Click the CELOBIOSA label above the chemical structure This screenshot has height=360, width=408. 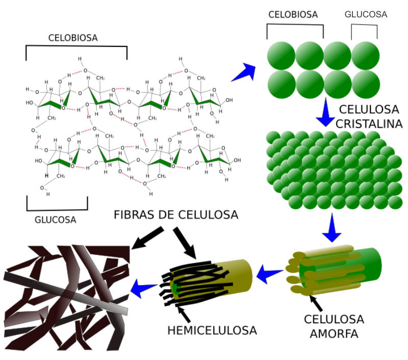(x=73, y=38)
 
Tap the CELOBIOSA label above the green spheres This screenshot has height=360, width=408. (x=293, y=15)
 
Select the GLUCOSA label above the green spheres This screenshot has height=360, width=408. (x=366, y=14)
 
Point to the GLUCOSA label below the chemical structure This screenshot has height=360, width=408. (x=56, y=220)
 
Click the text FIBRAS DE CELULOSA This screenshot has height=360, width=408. (x=176, y=215)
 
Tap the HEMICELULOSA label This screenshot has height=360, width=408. (x=212, y=330)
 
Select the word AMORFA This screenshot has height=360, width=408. (x=334, y=333)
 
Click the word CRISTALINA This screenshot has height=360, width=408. (x=369, y=124)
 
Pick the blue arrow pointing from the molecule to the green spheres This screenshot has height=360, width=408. (x=244, y=72)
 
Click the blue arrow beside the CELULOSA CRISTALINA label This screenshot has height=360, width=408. (x=325, y=112)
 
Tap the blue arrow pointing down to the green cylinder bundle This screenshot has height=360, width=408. (x=332, y=228)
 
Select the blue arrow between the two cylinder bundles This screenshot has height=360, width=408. (x=270, y=274)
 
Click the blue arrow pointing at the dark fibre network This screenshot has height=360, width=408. (x=144, y=289)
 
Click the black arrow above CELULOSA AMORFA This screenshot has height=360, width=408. (x=316, y=303)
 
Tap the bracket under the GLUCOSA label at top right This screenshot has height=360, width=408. (x=364, y=32)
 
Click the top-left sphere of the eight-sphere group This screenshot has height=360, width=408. (x=281, y=56)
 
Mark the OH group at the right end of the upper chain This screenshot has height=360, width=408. (x=229, y=100)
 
